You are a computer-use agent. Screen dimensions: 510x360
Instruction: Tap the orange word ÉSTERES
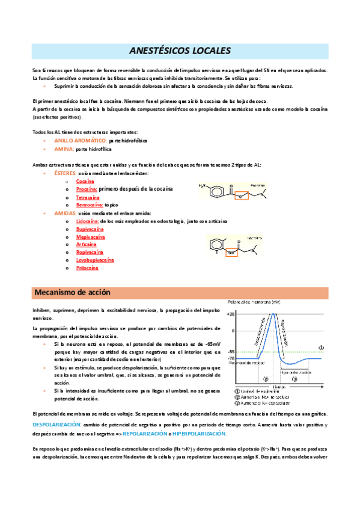pos(65,173)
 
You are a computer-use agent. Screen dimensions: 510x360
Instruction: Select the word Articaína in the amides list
pos(86,244)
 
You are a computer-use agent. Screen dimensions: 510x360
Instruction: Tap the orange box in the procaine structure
pos(241,195)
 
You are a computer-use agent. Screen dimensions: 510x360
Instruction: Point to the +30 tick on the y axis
pos(231,314)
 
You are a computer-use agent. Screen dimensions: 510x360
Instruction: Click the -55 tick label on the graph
pos(231,351)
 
